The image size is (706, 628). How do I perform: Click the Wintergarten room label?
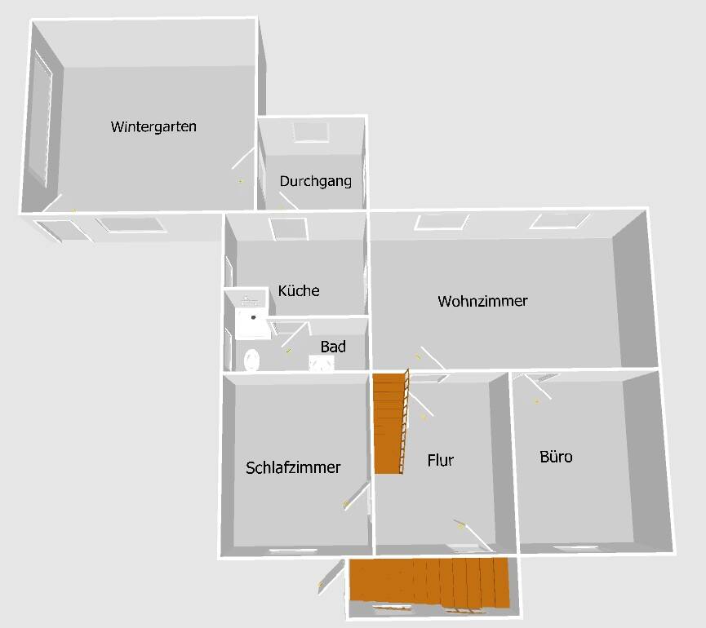[153, 127]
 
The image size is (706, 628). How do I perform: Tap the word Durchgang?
[316, 181]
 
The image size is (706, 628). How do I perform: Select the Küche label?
[299, 291]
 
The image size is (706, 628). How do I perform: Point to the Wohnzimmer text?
[482, 301]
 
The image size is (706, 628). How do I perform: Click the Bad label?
[333, 347]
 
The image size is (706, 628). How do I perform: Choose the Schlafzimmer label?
[293, 468]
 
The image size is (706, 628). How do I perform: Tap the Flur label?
[440, 460]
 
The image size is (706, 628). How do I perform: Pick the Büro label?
[556, 457]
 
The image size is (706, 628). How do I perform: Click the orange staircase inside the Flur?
[390, 422]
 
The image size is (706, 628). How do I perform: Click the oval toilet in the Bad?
[252, 359]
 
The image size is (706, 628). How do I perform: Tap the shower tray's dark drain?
[254, 317]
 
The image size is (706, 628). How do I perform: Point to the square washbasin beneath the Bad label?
[321, 364]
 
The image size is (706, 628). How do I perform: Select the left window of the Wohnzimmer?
[441, 222]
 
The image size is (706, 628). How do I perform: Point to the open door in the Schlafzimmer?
[357, 495]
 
